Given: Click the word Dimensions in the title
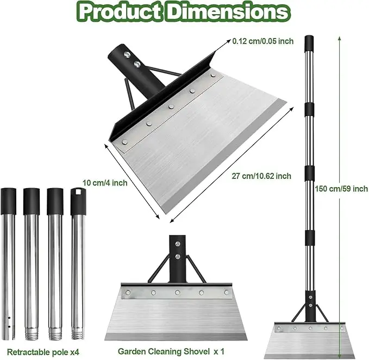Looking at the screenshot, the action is coord(228,12).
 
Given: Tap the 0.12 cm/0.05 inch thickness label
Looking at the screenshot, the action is coord(263,41).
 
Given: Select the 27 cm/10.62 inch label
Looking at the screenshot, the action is coord(261,176).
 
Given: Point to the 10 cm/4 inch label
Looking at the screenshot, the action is coord(105,183).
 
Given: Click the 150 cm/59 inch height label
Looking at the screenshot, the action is coord(341,189).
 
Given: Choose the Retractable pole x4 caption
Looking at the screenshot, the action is coord(43,352).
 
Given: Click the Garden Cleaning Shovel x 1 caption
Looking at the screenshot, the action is coord(171,351).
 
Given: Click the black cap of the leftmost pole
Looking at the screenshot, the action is coord(9,201).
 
